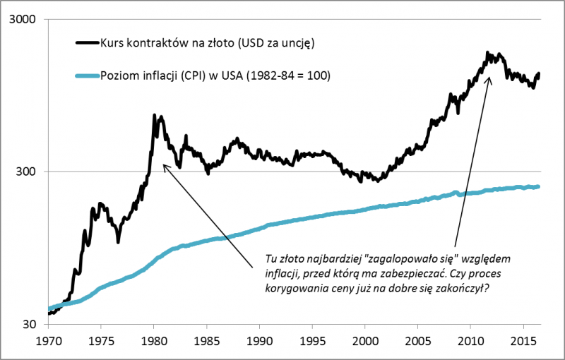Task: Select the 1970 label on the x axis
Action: pos(48,340)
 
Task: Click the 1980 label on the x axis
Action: pos(153,340)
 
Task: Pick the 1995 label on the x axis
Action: pos(312,340)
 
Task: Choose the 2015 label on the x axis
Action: pos(523,340)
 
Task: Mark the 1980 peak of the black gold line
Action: pos(155,114)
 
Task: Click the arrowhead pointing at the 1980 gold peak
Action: pos(164,166)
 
